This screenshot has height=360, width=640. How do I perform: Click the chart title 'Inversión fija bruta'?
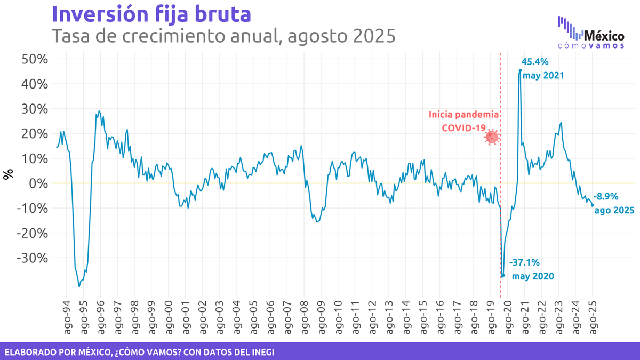pos(151,14)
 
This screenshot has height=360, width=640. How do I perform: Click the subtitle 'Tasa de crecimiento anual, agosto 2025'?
pos(223,36)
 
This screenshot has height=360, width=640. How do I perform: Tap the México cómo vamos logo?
pos(591,33)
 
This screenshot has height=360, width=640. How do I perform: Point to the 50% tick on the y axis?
pos(35,59)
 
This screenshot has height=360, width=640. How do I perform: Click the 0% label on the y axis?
pos(39,183)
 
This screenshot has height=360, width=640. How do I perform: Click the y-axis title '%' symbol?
pos(8,174)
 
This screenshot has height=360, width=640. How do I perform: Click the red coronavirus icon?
pos(491,137)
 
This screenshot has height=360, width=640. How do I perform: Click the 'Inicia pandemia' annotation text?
pos(464,115)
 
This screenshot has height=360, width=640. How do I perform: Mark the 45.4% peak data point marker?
pos(520,70)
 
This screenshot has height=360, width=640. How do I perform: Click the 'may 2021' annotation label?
pos(543,76)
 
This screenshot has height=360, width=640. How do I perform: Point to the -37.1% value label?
pos(525,262)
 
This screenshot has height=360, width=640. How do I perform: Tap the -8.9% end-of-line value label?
pos(606,196)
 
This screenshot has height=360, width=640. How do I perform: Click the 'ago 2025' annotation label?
pos(614,210)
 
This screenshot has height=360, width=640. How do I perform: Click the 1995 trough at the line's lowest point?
pos(79,287)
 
